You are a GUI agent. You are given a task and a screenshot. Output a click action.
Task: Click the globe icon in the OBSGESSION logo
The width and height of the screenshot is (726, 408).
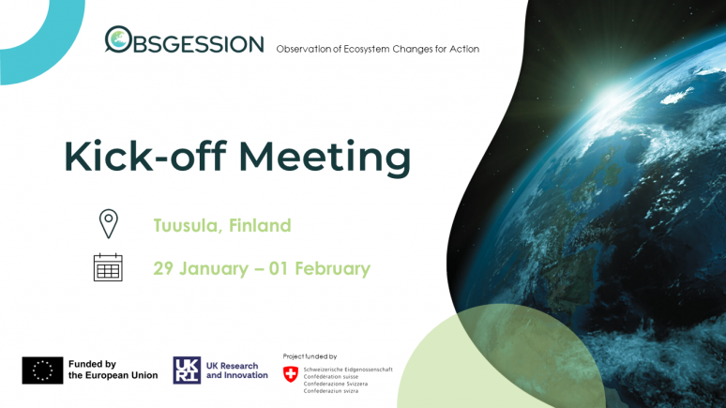(118, 38)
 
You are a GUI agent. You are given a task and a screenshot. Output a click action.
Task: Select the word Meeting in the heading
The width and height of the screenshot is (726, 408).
(325, 159)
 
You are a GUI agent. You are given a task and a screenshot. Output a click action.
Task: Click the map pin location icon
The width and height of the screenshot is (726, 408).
(109, 224)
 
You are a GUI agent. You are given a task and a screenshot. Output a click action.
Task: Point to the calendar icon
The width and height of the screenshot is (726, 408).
(108, 267)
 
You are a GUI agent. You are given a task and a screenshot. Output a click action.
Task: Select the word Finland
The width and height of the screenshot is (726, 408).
(260, 225)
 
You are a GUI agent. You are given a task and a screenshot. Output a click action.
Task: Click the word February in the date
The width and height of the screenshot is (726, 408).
(332, 268)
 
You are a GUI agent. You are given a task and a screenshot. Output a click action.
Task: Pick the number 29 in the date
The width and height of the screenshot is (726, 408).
(163, 268)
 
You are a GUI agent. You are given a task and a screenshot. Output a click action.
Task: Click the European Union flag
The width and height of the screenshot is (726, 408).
(42, 370)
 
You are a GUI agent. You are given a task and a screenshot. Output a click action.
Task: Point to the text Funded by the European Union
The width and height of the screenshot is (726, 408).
(113, 370)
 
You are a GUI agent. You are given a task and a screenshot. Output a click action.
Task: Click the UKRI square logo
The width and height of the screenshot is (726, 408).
(187, 370)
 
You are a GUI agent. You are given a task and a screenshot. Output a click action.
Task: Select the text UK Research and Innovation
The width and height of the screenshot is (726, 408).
(237, 370)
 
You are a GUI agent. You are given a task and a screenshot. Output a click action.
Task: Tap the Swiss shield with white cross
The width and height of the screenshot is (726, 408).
(291, 374)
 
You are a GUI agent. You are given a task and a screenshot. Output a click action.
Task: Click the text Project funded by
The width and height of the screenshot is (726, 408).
(310, 356)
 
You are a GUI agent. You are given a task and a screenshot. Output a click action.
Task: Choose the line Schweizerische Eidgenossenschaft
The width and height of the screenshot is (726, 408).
(348, 370)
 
